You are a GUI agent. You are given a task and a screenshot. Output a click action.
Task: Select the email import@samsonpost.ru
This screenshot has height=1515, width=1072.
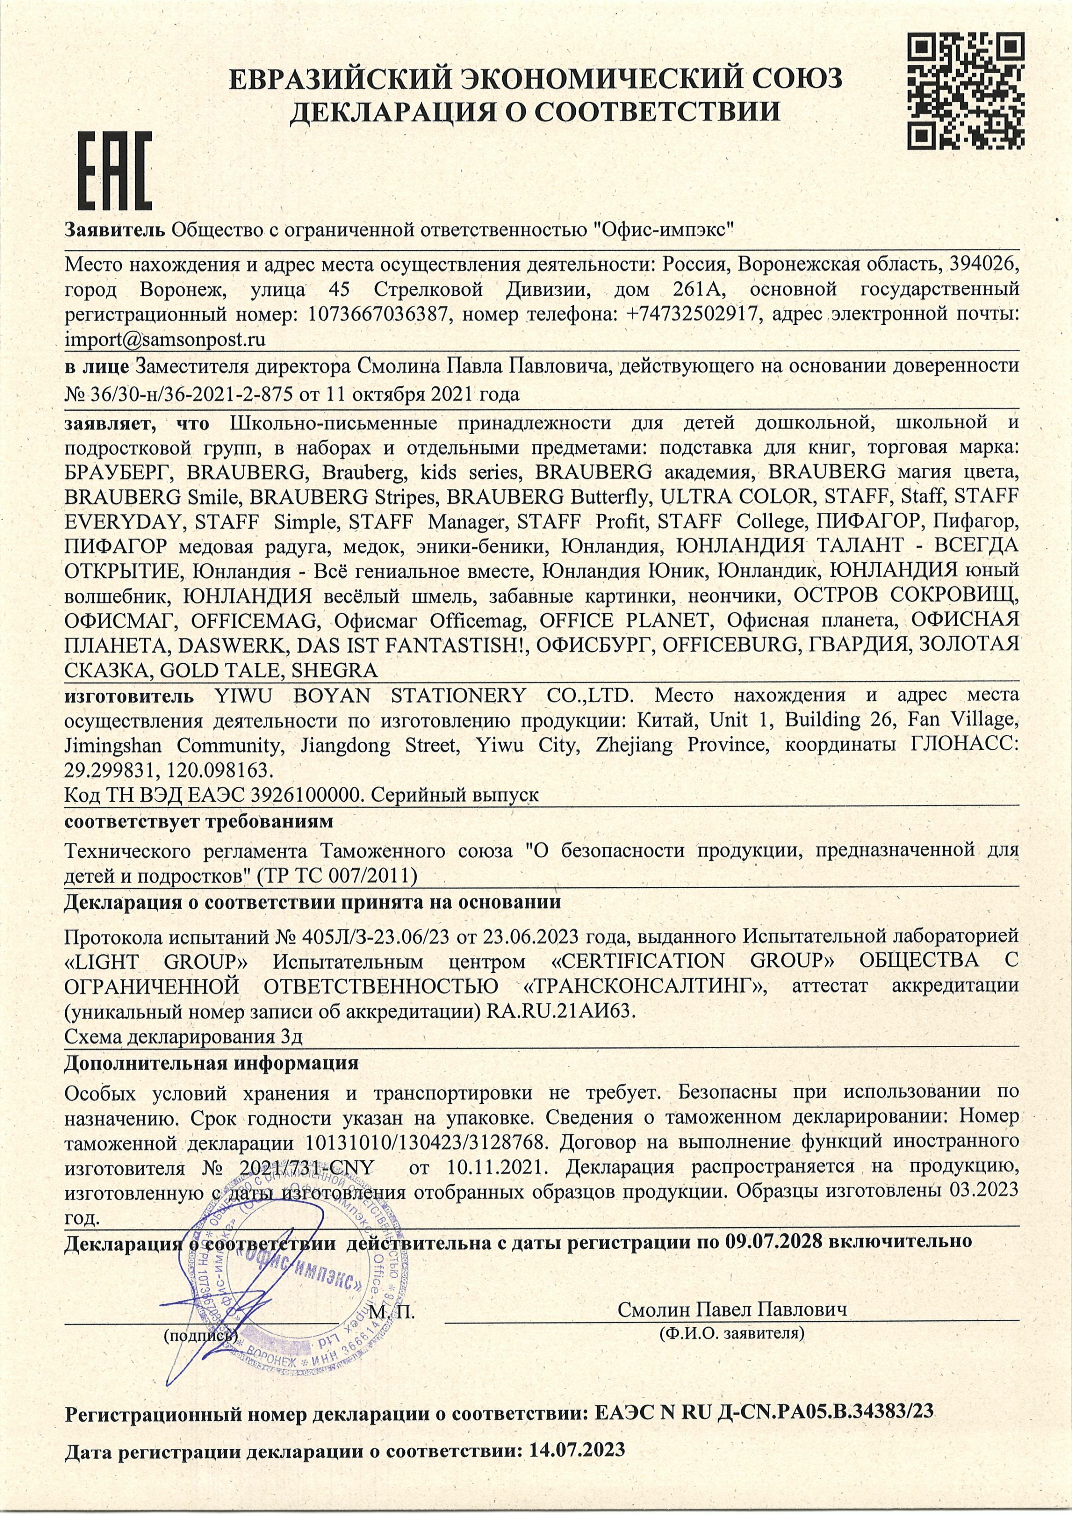click(x=165, y=340)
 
